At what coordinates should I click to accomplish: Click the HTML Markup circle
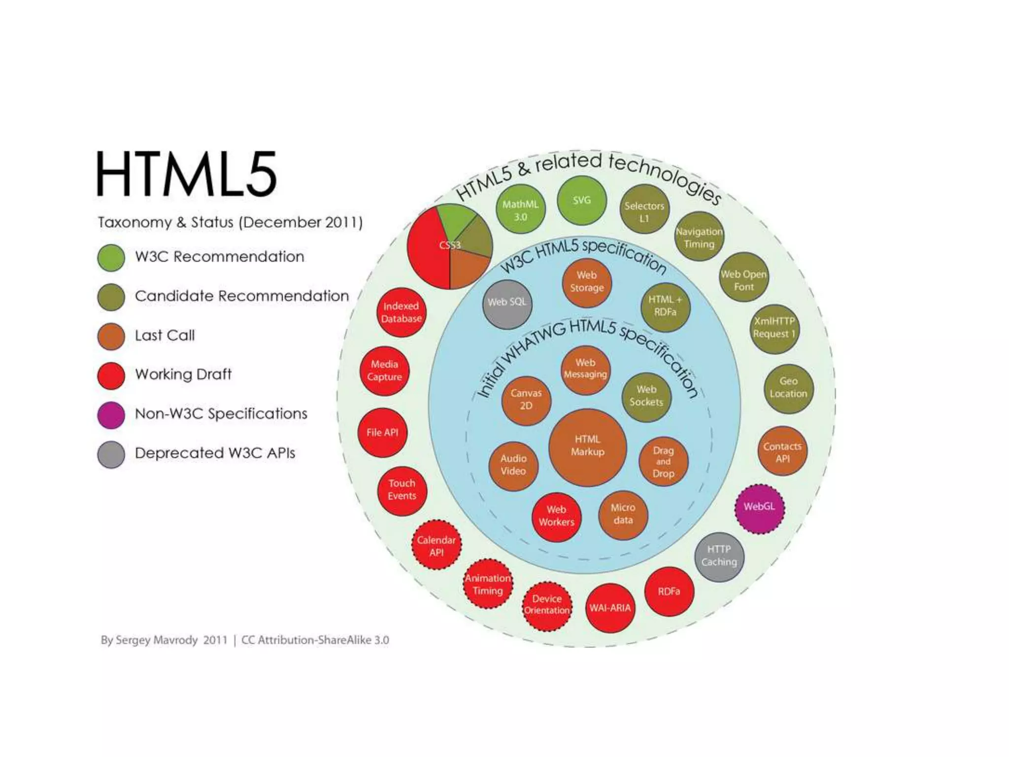pos(587,447)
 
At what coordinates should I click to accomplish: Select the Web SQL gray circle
pos(507,304)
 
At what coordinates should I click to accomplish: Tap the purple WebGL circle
pos(759,508)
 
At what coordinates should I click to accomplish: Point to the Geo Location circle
pos(788,388)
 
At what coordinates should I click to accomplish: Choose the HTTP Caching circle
pos(719,556)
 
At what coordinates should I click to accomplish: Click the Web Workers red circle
pos(557,516)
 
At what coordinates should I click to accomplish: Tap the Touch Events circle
pos(402,490)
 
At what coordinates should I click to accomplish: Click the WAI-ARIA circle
pos(610,608)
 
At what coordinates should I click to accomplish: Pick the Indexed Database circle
pos(402,312)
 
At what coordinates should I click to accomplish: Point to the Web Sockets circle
pos(646,397)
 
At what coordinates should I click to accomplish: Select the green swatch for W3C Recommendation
pos(111,257)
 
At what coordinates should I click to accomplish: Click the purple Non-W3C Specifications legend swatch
pos(111,414)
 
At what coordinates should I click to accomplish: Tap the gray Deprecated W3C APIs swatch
pos(111,454)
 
